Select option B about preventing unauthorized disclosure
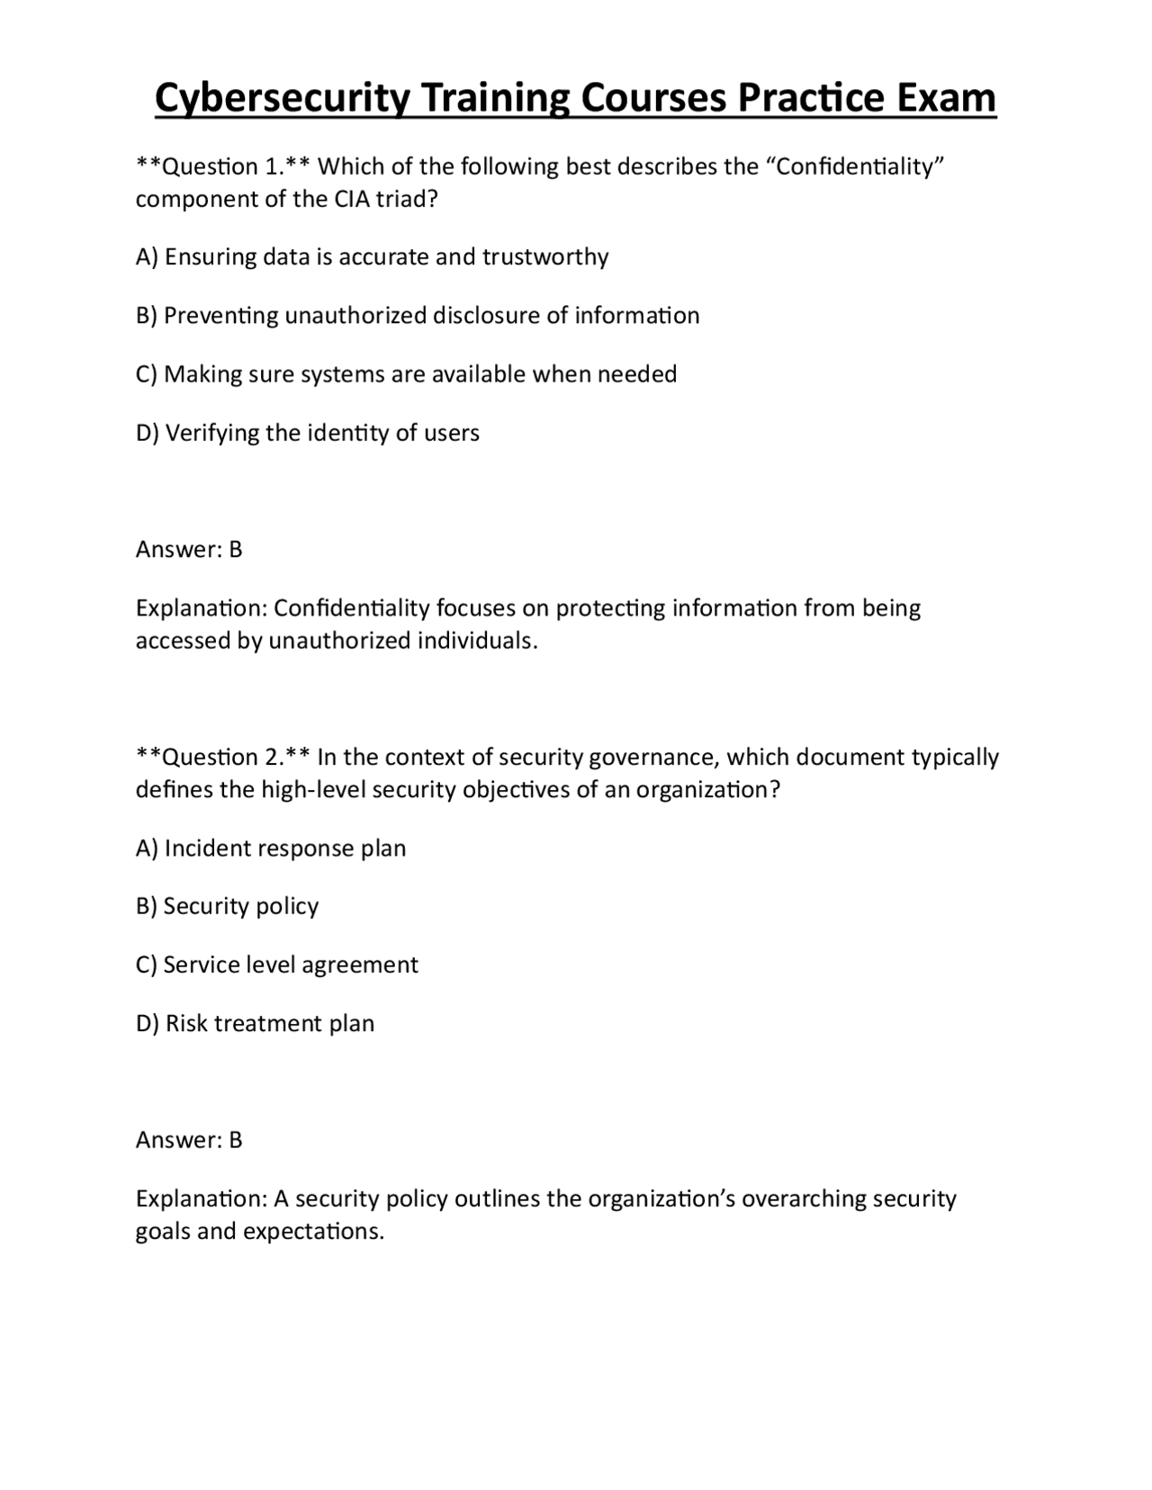click(418, 316)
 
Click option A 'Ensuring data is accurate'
click(372, 257)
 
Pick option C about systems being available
click(406, 374)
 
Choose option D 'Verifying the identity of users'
click(307, 433)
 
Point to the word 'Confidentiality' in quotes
click(859, 167)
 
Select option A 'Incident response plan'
click(271, 848)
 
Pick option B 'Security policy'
click(227, 906)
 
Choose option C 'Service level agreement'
click(276, 965)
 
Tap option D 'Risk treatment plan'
click(255, 1024)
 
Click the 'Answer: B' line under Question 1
click(189, 550)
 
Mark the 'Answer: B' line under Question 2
click(189, 1140)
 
